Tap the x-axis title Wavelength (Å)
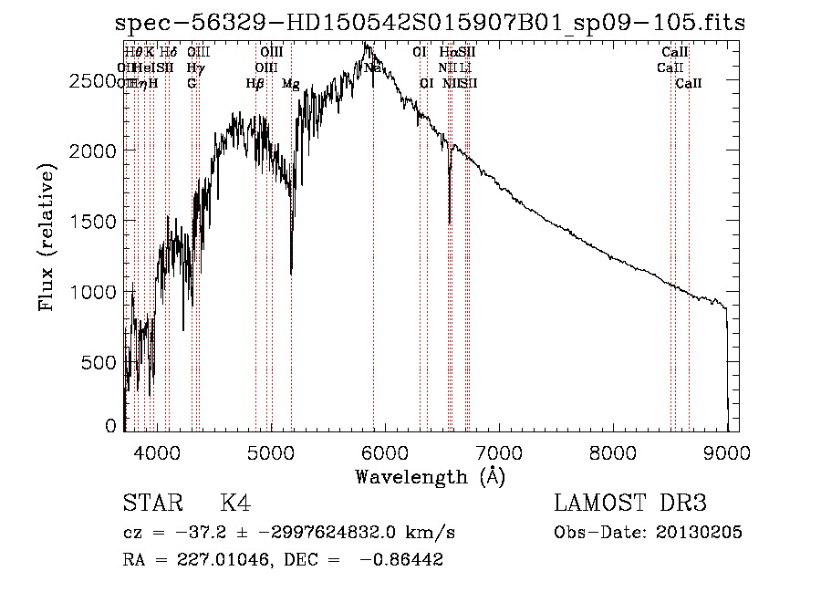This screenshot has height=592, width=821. [x=430, y=476]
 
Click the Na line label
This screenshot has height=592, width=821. [x=372, y=68]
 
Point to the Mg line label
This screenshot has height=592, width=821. [x=290, y=84]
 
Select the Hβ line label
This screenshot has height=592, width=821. [x=255, y=84]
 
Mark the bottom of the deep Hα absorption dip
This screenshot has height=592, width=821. [x=449, y=222]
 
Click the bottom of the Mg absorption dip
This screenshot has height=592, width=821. [x=291, y=272]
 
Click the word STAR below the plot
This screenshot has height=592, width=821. [x=151, y=504]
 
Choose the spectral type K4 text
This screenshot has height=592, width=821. [x=235, y=504]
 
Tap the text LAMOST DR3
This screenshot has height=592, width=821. [x=629, y=504]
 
